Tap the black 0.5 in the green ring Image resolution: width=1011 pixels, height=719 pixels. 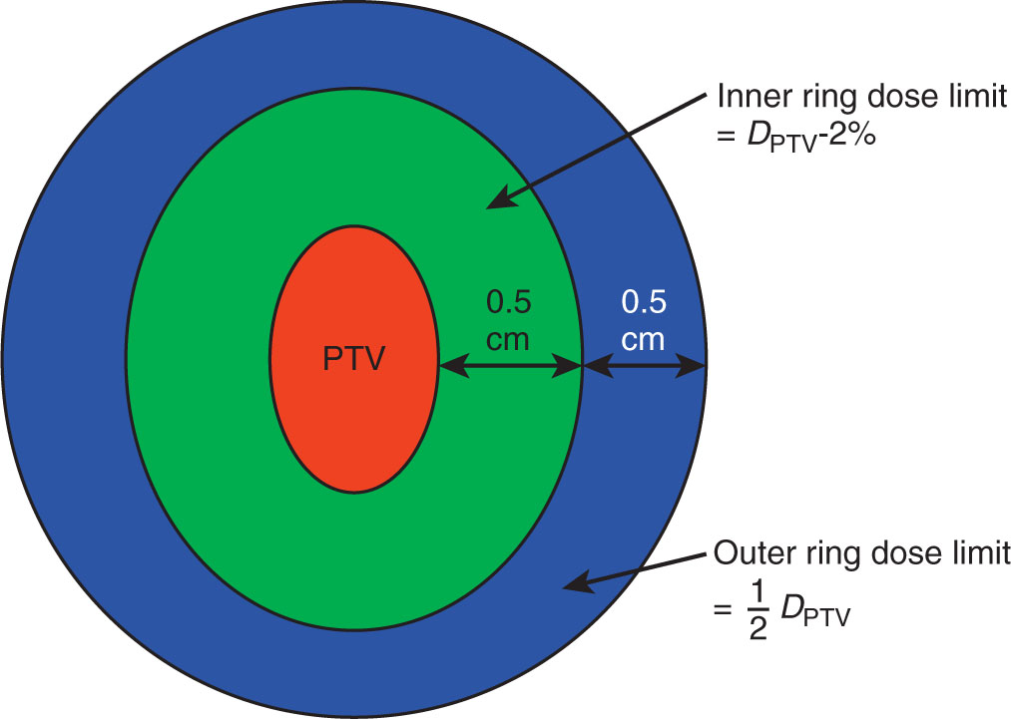pos(509,300)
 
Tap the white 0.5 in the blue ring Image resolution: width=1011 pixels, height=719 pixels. pos(644,300)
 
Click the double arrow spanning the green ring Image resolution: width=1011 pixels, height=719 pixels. pos(510,368)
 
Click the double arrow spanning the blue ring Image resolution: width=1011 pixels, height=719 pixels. pos(645,368)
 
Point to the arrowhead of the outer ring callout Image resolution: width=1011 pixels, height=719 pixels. pos(568,585)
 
